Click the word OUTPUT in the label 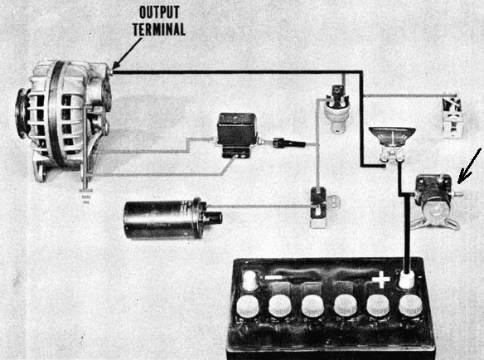tap(159, 12)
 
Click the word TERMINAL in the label tap(159, 29)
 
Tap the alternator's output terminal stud tap(110, 71)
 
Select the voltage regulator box tap(237, 135)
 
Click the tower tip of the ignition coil tap(215, 218)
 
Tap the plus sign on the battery tap(381, 280)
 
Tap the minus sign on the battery tap(274, 277)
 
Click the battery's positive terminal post tap(407, 280)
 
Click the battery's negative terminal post tap(250, 280)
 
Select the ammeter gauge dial tap(392, 137)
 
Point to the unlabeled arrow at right tap(469, 166)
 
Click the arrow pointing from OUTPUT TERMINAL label tap(127, 53)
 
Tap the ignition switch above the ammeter tap(336, 108)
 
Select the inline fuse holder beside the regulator tap(289, 144)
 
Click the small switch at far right tap(453, 117)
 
